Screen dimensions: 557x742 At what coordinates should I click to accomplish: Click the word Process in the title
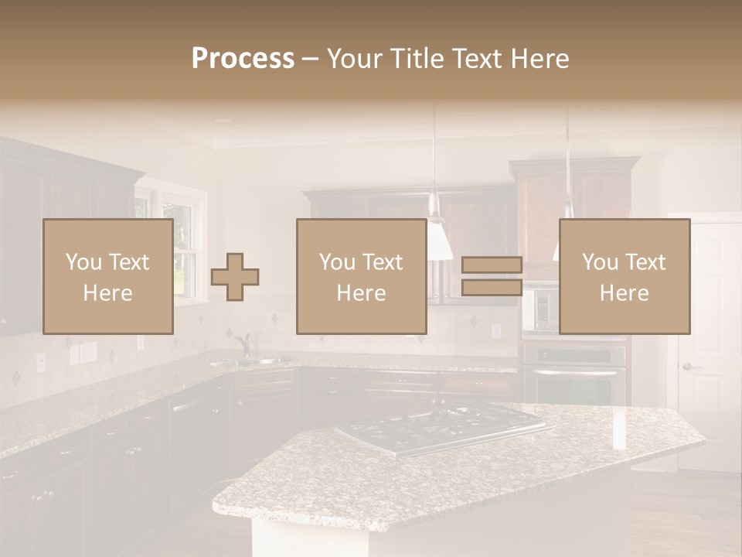(x=243, y=59)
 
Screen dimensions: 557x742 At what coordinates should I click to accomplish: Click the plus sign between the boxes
(x=235, y=277)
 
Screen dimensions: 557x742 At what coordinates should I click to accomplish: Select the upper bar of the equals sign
(x=492, y=265)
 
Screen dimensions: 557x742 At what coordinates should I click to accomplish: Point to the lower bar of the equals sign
(x=492, y=287)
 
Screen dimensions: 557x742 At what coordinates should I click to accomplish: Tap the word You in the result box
(x=599, y=262)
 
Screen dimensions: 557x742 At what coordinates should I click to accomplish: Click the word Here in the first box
(x=107, y=293)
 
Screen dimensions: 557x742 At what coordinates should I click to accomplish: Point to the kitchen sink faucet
(x=243, y=344)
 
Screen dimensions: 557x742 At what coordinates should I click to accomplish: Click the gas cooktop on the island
(x=444, y=427)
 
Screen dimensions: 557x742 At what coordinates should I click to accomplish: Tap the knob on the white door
(x=687, y=367)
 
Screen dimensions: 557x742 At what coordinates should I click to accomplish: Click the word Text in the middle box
(x=384, y=262)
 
